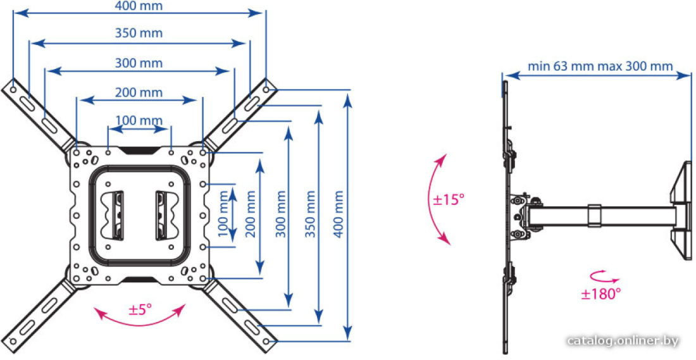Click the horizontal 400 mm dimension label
pyautogui.click(x=139, y=6)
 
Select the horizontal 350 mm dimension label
pyautogui.click(x=139, y=33)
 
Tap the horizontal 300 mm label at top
pyautogui.click(x=139, y=63)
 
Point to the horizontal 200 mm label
pyautogui.click(x=139, y=92)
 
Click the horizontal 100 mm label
pyautogui.click(x=139, y=120)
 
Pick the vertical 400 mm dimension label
pyautogui.click(x=339, y=214)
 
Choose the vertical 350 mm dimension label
pyautogui.click(x=310, y=214)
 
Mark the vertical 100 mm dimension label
pyautogui.click(x=223, y=214)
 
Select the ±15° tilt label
pyautogui.click(x=449, y=199)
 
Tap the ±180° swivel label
pyautogui.click(x=600, y=294)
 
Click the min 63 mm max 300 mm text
pyautogui.click(x=600, y=66)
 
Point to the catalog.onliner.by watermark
pyautogui.click(x=623, y=341)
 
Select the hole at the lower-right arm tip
pyautogui.click(x=266, y=342)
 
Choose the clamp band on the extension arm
pyautogui.click(x=594, y=215)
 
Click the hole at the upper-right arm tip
pyautogui.click(x=266, y=89)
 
